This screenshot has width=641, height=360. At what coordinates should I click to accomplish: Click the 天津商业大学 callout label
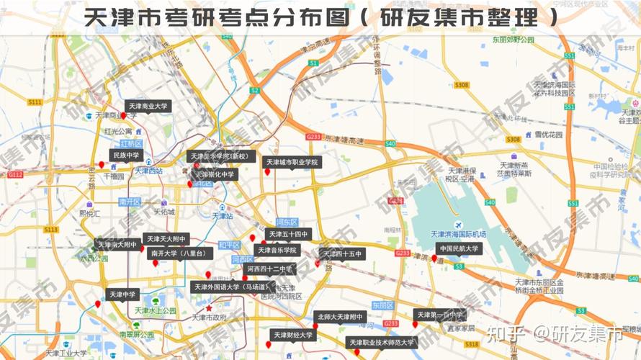(x=148, y=106)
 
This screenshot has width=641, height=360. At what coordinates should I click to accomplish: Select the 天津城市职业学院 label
(x=292, y=163)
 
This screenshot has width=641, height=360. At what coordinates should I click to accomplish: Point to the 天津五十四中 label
(x=288, y=234)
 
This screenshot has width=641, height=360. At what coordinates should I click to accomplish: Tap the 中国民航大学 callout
(x=459, y=249)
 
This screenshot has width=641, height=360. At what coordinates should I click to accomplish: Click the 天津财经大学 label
(x=293, y=335)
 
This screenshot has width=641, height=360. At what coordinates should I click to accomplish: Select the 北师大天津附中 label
(x=339, y=317)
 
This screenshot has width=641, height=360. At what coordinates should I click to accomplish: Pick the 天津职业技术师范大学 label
(x=382, y=343)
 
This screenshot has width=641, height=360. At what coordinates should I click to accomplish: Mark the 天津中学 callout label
(x=122, y=294)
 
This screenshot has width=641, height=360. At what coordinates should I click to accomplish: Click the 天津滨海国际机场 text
(x=458, y=234)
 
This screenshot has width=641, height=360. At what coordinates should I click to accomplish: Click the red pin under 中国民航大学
(x=434, y=258)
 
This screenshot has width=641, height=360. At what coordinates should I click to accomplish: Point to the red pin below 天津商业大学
(x=123, y=116)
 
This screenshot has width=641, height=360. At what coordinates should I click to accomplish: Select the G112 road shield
(x=16, y=174)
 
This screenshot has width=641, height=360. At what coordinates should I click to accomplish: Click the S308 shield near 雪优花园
(x=513, y=139)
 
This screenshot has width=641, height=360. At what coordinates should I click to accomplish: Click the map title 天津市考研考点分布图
(x=216, y=17)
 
